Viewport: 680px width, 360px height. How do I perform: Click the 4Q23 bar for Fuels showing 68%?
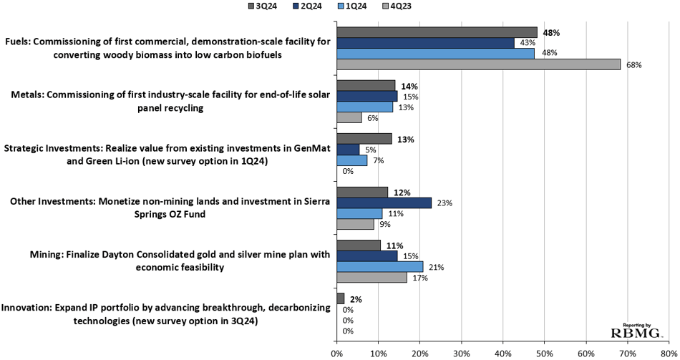(478, 64)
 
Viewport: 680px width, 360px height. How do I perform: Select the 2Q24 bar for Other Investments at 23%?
(384, 203)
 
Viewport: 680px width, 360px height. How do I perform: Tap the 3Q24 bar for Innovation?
(341, 298)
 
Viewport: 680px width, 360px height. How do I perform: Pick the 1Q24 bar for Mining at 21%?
(380, 267)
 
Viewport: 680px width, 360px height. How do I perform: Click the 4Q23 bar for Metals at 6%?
(349, 117)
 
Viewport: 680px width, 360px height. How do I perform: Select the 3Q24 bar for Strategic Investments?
(364, 139)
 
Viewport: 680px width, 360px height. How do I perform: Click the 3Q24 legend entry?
(263, 6)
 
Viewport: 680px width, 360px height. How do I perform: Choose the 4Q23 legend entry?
(397, 6)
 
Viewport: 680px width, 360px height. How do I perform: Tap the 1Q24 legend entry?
(351, 6)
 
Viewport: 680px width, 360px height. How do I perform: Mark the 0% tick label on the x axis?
(336, 354)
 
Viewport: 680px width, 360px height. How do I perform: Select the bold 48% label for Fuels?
(551, 33)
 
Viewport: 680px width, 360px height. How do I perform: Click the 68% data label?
(633, 65)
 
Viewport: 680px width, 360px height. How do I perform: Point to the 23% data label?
(445, 203)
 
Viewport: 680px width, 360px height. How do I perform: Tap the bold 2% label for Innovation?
(356, 299)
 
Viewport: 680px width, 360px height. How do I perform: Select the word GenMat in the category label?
(312, 148)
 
